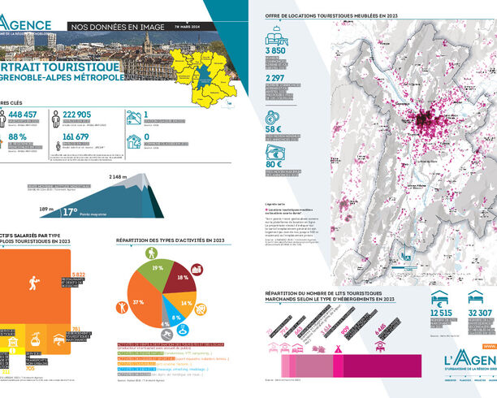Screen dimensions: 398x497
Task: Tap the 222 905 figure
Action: (x=83, y=115)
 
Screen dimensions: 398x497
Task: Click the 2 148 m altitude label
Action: (x=119, y=176)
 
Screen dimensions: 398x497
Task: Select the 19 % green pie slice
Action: (x=158, y=267)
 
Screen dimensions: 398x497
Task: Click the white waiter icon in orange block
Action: (x=33, y=283)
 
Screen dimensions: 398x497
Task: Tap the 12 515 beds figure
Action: (x=441, y=314)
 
